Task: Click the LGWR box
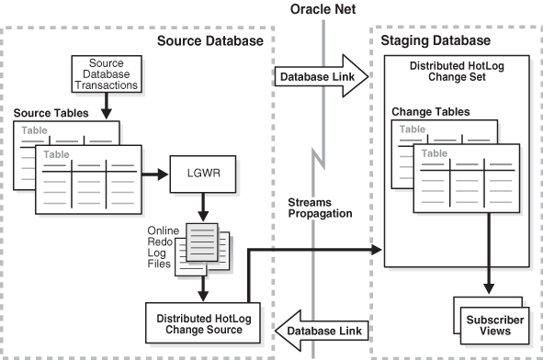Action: (x=203, y=174)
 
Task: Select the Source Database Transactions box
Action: (x=107, y=74)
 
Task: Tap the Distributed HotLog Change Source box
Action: (x=203, y=323)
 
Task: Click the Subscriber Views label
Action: (x=495, y=325)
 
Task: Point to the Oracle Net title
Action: (x=322, y=9)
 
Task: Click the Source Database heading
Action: (x=210, y=40)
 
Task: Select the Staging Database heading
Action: (x=436, y=40)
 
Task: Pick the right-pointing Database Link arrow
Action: (x=321, y=76)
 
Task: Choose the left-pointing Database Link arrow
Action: (x=322, y=331)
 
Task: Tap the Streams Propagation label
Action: (x=320, y=208)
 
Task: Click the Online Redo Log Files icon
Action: (x=202, y=249)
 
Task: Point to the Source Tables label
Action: (x=51, y=113)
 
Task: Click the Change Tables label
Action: (x=431, y=112)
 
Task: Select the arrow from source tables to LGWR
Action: (x=154, y=174)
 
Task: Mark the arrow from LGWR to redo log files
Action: (x=203, y=207)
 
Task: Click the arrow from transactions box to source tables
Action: (x=107, y=106)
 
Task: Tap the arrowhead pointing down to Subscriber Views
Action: (x=489, y=288)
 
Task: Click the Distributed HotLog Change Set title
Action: (x=457, y=72)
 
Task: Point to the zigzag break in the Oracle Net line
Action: (x=319, y=159)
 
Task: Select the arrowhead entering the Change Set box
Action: (x=376, y=249)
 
